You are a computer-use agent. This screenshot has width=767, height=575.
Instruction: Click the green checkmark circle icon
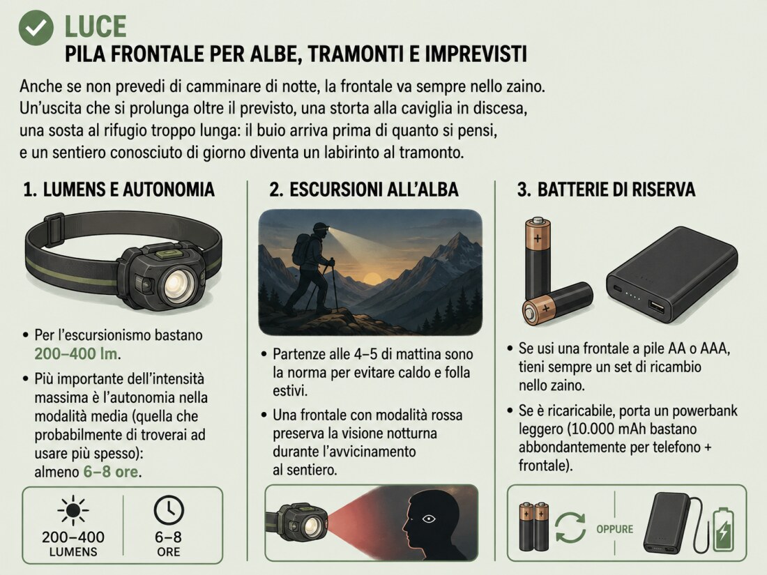pos(36,28)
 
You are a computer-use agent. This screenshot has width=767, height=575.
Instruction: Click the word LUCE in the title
pos(96,27)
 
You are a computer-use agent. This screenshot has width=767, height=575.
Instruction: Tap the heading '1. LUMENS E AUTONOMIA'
pos(119,190)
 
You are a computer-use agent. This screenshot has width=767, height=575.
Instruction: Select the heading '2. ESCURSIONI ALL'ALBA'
pos(363,190)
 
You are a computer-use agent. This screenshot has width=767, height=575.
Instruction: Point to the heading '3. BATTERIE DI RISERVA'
pos(606,190)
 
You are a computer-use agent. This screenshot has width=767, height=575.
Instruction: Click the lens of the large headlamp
pos(178,286)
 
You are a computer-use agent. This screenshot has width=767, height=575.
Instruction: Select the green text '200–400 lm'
pos(76,353)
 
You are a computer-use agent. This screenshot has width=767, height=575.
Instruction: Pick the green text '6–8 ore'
pos(111,472)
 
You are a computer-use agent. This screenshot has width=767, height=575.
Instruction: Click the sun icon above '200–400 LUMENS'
pos(73,511)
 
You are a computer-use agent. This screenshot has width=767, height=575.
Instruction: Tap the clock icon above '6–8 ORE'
pos(169,510)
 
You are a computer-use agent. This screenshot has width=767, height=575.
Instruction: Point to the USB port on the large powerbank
pos(656,308)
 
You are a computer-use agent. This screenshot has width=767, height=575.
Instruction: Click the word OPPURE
pos(614,529)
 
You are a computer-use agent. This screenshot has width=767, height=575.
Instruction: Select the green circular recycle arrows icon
pos(570,528)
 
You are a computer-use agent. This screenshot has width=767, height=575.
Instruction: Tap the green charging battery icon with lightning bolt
pos(724,530)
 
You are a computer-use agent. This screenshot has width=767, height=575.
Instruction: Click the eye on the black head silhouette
pos(429,519)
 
